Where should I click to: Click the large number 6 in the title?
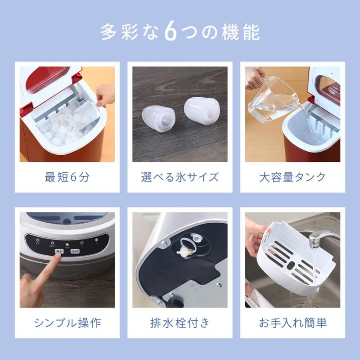pyautogui.click(x=171, y=32)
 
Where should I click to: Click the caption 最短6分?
pyautogui.click(x=67, y=177)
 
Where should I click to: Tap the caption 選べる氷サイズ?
pyautogui.click(x=180, y=177)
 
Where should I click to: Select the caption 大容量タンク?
pyautogui.click(x=292, y=177)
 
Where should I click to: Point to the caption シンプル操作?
pyautogui.click(x=67, y=322)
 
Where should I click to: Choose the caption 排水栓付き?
pyautogui.click(x=180, y=322)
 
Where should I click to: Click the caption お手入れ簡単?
pyautogui.click(x=292, y=322)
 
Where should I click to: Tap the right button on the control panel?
pyautogui.click(x=76, y=252)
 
